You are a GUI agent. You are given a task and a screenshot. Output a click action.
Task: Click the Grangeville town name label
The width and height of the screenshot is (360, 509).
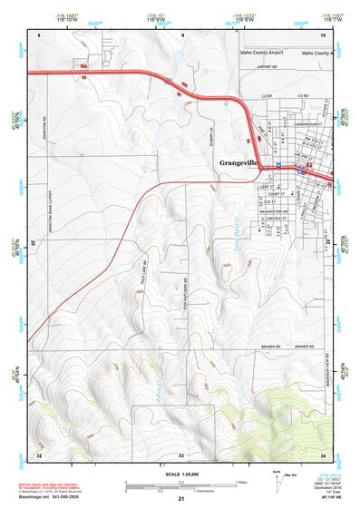[244, 164]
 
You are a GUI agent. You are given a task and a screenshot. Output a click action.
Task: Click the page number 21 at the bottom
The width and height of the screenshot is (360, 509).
[181, 499]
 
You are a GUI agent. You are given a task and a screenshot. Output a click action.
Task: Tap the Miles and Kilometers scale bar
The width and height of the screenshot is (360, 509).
[181, 486]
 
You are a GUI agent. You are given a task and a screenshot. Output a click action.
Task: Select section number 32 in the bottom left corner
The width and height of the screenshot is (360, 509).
[38, 453]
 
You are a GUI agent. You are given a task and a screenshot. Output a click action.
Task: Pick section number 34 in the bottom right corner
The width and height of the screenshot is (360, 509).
[323, 453]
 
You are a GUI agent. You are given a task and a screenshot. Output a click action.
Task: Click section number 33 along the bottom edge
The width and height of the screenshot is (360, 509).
[180, 453]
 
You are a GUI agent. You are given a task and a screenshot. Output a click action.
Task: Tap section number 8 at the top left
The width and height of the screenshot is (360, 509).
[39, 34]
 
